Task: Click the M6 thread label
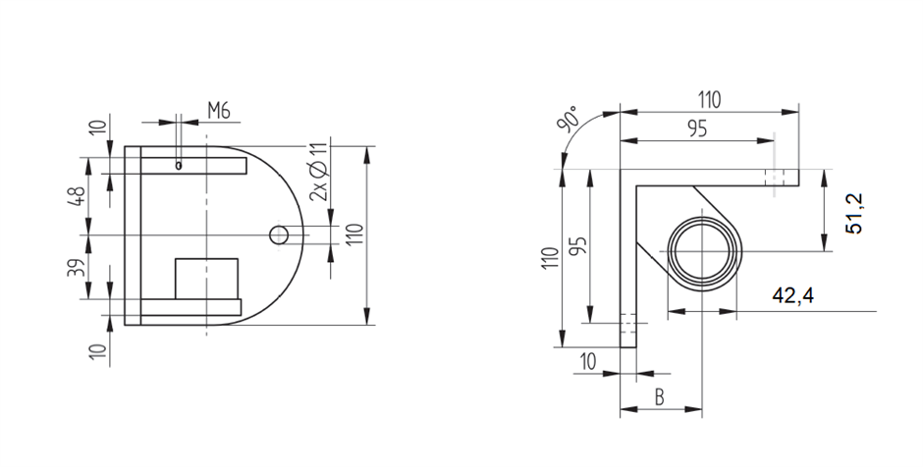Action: pos(218,111)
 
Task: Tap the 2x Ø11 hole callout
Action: pos(318,173)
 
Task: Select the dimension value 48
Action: pos(76,196)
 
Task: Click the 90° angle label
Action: pos(569,120)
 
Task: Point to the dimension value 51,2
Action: pos(854,214)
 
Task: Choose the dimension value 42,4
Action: pos(793,295)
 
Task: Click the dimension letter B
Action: pos(659,398)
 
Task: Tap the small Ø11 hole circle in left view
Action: pos(279,235)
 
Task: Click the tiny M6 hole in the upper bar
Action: pos(179,166)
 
